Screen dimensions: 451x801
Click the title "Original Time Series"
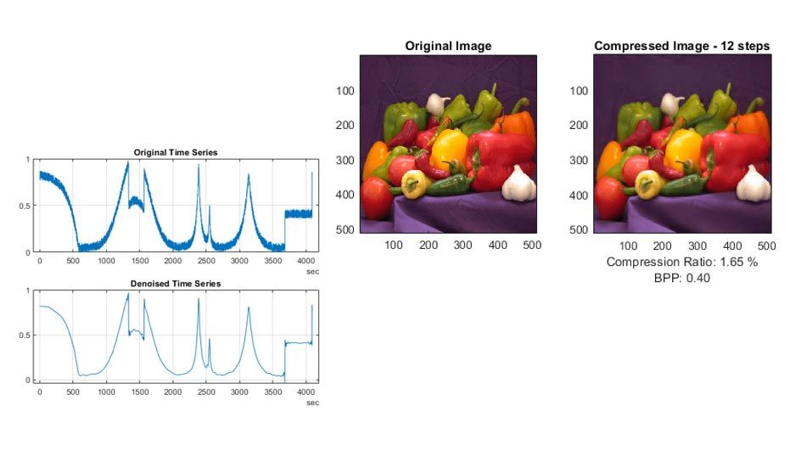point(176,153)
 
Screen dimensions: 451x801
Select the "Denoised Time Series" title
point(176,284)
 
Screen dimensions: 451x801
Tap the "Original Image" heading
point(448,46)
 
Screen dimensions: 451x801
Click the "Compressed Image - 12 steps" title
point(683,46)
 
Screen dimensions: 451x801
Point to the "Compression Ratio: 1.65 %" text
point(682,262)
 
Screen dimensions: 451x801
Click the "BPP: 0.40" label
point(682,277)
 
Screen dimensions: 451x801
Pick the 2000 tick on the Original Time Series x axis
point(173,261)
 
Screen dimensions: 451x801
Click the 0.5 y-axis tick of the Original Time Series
point(24,206)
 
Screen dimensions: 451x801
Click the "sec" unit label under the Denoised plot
point(312,403)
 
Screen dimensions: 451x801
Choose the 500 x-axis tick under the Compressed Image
point(766,245)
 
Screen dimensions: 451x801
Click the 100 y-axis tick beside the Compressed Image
point(580,90)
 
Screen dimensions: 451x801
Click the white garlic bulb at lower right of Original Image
point(517,182)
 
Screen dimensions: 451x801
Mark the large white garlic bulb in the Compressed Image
point(751,182)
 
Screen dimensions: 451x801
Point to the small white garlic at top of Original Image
point(437,104)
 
